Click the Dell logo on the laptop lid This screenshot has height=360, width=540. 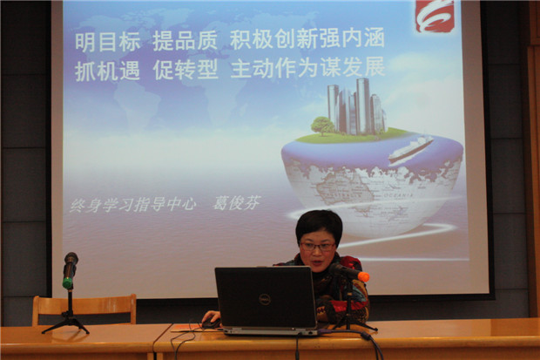[x=265, y=300]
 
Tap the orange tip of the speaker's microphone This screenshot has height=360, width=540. [x=363, y=276]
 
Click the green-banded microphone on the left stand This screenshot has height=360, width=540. [x=70, y=270]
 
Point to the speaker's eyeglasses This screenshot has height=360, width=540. [x=318, y=247]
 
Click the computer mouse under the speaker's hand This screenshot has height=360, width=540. [x=211, y=323]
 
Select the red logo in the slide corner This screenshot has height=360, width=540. [x=435, y=16]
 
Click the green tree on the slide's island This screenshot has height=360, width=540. [x=322, y=126]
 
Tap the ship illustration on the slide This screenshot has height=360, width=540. [x=411, y=149]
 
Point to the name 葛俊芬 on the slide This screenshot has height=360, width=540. [x=237, y=203]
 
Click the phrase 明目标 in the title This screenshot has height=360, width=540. [x=107, y=42]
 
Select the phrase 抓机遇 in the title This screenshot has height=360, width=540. [x=107, y=71]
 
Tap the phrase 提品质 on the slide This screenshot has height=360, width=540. [x=186, y=41]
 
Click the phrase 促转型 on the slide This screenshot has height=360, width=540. [x=186, y=70]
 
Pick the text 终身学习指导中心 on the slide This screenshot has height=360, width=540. [x=133, y=205]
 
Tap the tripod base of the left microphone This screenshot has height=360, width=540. [x=66, y=323]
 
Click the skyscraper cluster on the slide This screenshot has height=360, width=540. [x=356, y=106]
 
